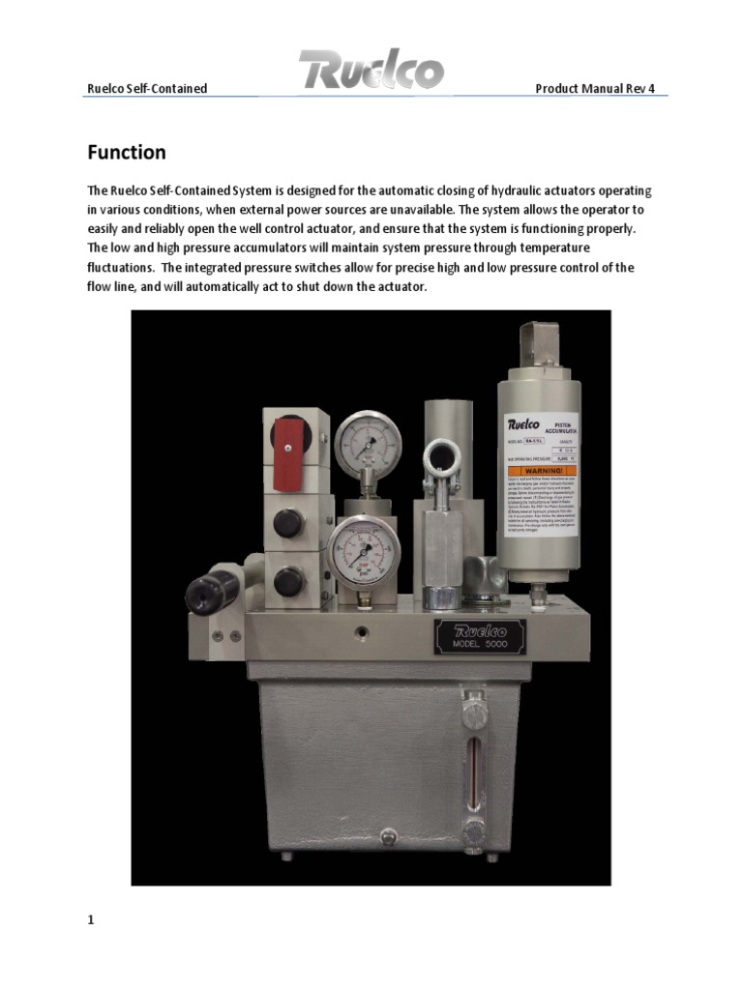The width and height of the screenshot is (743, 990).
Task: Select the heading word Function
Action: (127, 153)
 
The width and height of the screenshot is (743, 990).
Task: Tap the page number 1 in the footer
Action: (91, 920)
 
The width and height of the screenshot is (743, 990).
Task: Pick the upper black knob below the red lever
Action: (286, 523)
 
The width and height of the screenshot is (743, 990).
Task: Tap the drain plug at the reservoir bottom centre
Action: (389, 837)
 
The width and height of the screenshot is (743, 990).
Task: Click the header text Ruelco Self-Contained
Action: (148, 89)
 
